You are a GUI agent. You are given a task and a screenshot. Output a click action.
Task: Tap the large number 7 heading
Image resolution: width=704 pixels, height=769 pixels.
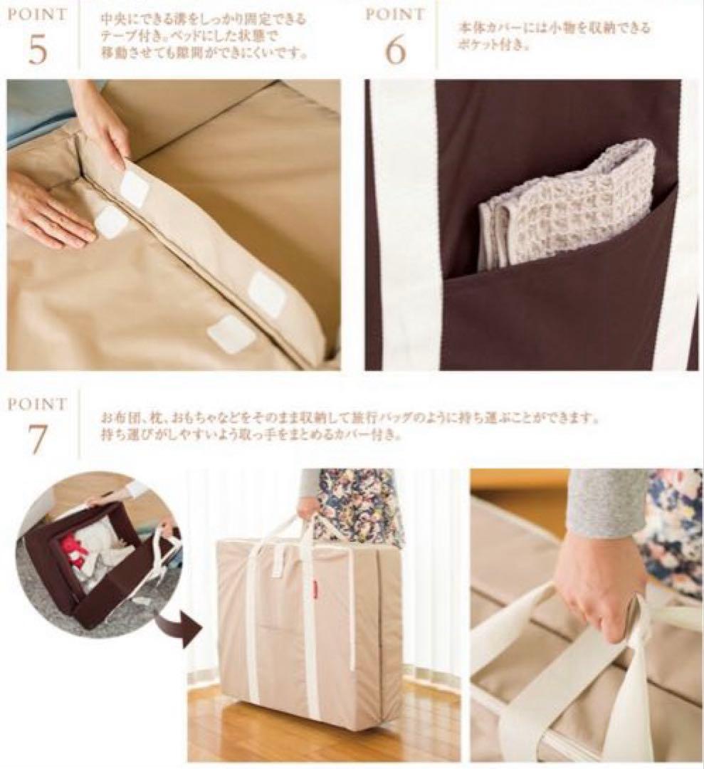pyautogui.click(x=38, y=439)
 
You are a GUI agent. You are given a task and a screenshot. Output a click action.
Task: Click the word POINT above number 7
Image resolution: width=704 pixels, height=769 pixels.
pyautogui.click(x=38, y=404)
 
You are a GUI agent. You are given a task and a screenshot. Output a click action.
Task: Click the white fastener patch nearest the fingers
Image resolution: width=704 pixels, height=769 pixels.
pyautogui.click(x=134, y=189)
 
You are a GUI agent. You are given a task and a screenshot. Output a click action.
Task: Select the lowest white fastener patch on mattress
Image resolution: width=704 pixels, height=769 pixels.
pyautogui.click(x=231, y=333)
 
